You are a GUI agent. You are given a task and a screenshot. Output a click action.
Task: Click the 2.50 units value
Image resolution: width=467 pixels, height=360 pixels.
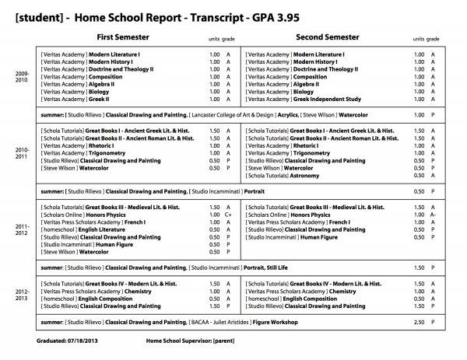tap(419, 320)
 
